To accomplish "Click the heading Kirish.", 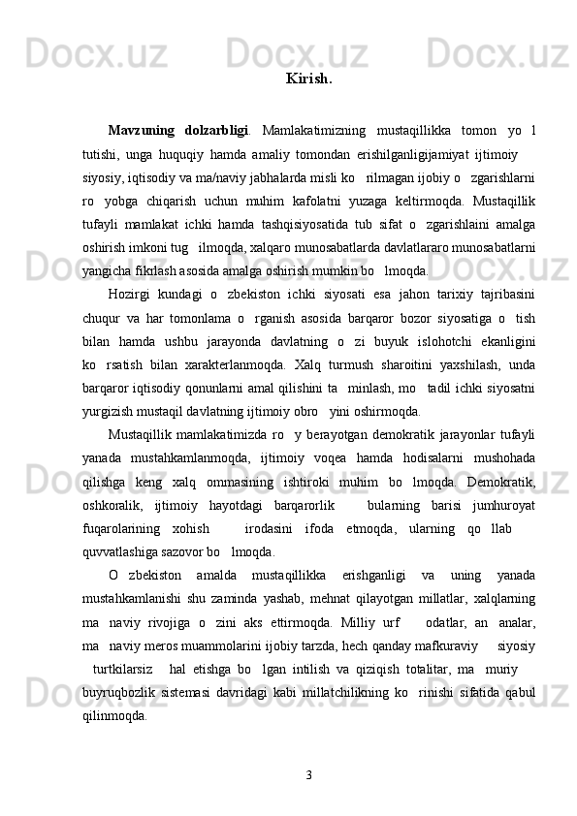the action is [309, 78].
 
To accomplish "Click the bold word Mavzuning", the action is [143, 131].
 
